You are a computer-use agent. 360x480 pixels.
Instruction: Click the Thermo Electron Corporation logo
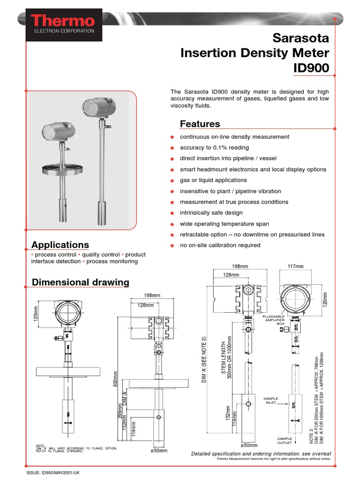(x=64, y=24)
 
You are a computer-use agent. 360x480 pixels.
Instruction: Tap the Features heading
(x=200, y=124)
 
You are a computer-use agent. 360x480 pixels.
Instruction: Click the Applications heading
(x=60, y=245)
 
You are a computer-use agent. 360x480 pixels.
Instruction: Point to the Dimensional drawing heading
(x=80, y=282)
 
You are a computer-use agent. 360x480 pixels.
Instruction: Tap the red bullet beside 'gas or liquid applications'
(x=172, y=180)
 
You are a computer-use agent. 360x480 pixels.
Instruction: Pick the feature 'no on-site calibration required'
(x=220, y=245)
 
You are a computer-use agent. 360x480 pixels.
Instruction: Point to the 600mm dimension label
(x=114, y=379)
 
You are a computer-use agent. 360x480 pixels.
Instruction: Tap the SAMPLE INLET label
(x=271, y=400)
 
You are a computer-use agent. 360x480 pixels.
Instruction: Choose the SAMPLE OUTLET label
(x=285, y=441)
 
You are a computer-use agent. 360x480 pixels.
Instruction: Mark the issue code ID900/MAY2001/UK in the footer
(x=52, y=473)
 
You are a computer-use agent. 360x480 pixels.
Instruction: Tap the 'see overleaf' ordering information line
(x=261, y=454)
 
